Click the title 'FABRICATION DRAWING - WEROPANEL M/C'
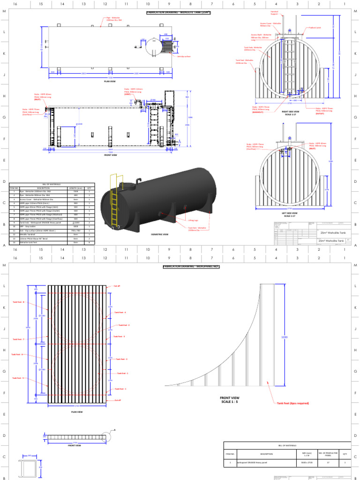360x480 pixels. (x=191, y=266)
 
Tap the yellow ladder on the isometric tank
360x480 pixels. (x=114, y=201)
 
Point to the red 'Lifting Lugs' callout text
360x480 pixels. (x=194, y=220)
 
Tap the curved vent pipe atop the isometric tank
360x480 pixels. (x=138, y=180)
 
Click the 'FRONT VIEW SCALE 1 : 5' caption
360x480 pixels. (x=230, y=399)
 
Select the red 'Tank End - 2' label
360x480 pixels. (x=123, y=324)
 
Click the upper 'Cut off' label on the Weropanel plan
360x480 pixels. (x=117, y=286)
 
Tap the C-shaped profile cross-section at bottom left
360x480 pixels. (x=27, y=468)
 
